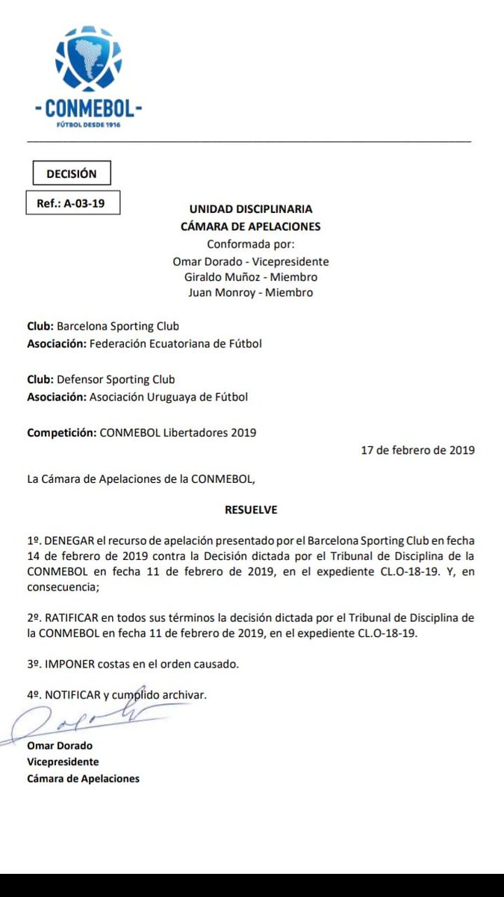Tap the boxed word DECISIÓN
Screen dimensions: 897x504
point(72,173)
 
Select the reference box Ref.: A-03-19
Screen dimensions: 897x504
point(71,203)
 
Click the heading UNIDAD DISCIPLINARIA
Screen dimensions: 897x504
point(251,209)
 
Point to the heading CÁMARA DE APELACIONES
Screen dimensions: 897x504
point(251,226)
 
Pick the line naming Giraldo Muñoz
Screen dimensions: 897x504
point(251,277)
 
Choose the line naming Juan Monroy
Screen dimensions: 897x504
point(251,292)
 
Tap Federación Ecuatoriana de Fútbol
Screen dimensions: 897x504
point(175,344)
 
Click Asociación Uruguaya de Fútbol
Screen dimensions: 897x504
point(169,397)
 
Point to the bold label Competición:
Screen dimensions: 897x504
point(61,433)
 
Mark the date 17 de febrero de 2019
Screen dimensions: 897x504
point(417,450)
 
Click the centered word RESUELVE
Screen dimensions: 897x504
point(251,510)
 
